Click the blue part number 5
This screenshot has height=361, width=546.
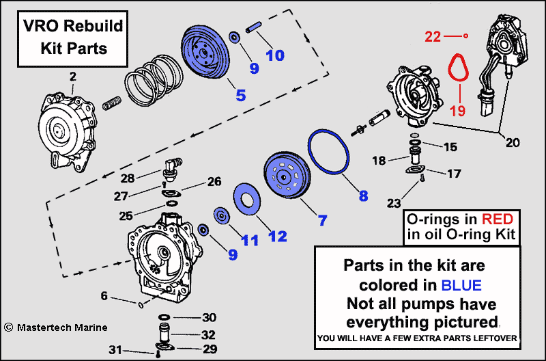coord(240,94)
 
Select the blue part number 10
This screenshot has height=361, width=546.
coord(274,55)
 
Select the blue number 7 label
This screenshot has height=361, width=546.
coord(321,220)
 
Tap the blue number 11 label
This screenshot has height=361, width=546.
coord(249,240)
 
